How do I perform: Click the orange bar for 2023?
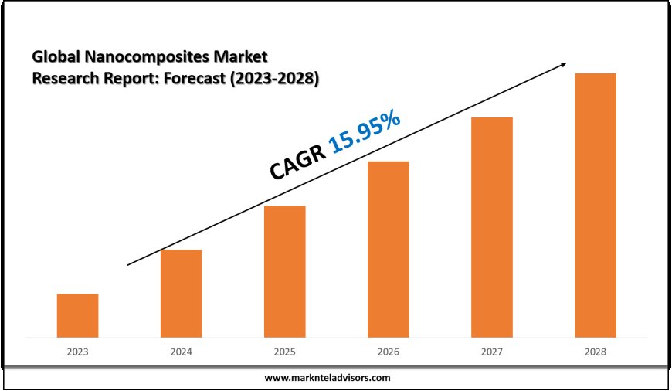click(x=77, y=315)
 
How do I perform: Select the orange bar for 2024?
click(x=181, y=294)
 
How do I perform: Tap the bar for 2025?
click(x=284, y=271)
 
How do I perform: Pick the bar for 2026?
click(x=388, y=249)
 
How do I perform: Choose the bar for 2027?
click(x=491, y=227)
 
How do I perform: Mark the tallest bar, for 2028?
click(x=595, y=205)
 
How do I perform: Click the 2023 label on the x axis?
click(x=77, y=352)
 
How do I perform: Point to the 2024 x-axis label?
click(x=181, y=352)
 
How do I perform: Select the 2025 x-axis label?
click(x=284, y=352)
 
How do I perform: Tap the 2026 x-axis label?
click(x=388, y=352)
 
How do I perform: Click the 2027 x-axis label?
click(x=491, y=352)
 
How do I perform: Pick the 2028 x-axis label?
click(x=595, y=352)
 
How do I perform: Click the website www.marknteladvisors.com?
click(x=328, y=378)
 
